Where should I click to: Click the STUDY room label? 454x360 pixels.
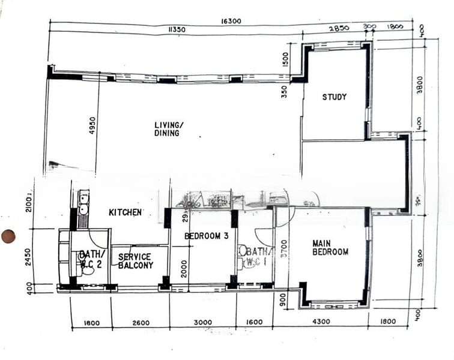[x=334, y=97]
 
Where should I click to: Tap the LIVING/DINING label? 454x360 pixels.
[x=168, y=129]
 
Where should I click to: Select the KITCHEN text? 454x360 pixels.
[x=125, y=212]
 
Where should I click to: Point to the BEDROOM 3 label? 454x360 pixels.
[x=206, y=236]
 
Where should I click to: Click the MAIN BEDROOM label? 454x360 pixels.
[x=330, y=248]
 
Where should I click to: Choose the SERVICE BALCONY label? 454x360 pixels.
[x=135, y=261]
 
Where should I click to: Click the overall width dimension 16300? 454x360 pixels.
[x=231, y=21]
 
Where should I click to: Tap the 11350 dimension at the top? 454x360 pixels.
[x=177, y=29]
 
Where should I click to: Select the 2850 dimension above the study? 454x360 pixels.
[x=338, y=29]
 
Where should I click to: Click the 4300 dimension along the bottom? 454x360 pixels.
[x=321, y=322]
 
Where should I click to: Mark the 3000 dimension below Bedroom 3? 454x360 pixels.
[x=202, y=323]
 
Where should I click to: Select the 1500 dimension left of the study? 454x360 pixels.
[x=285, y=61]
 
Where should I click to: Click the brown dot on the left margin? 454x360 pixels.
[x=8, y=236]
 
